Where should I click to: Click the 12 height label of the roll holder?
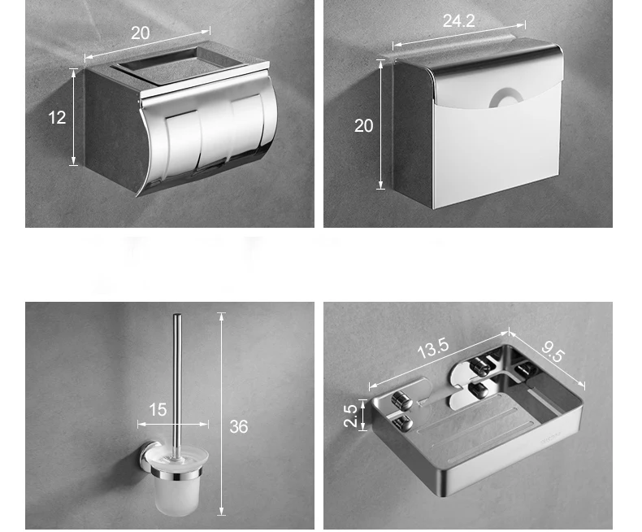pyautogui.click(x=57, y=118)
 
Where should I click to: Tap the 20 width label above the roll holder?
pyautogui.click(x=140, y=33)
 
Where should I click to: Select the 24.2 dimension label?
pyautogui.click(x=458, y=21)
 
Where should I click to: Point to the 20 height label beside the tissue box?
pyautogui.click(x=363, y=126)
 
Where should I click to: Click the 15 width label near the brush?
pyautogui.click(x=158, y=409)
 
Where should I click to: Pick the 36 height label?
pyautogui.click(x=239, y=427)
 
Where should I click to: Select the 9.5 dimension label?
pyautogui.click(x=553, y=351)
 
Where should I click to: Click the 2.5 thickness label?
pyautogui.click(x=350, y=416)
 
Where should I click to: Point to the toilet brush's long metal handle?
pyautogui.click(x=177, y=386)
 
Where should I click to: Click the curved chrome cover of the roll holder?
pyautogui.click(x=209, y=137)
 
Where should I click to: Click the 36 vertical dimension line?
pyautogui.click(x=222, y=414)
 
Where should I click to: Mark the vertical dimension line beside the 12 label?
pyautogui.click(x=74, y=117)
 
